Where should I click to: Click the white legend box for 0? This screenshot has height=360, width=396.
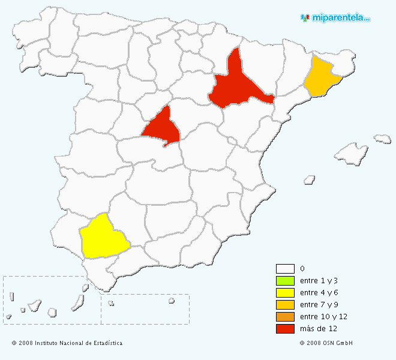285,269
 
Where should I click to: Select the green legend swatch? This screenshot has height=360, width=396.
285,281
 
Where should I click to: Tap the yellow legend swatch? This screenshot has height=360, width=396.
285,293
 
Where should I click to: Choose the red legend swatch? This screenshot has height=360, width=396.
285,329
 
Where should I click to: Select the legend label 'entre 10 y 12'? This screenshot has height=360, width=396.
324,317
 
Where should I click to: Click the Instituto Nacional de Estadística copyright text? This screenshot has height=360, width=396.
67,343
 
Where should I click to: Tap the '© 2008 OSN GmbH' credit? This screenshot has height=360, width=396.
326,343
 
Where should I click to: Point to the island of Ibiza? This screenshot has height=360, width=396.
310,179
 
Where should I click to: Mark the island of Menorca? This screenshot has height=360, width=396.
382,139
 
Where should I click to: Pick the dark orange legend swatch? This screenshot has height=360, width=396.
285,317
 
